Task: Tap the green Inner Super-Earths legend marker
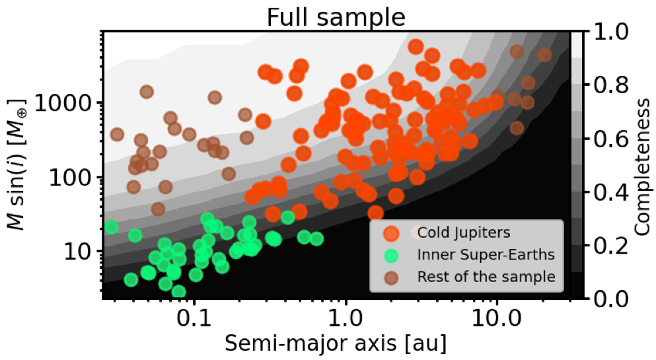click(x=391, y=254)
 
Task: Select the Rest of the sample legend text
click(x=486, y=276)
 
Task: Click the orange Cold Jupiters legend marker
click(x=391, y=233)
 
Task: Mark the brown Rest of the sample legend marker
click(x=391, y=276)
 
